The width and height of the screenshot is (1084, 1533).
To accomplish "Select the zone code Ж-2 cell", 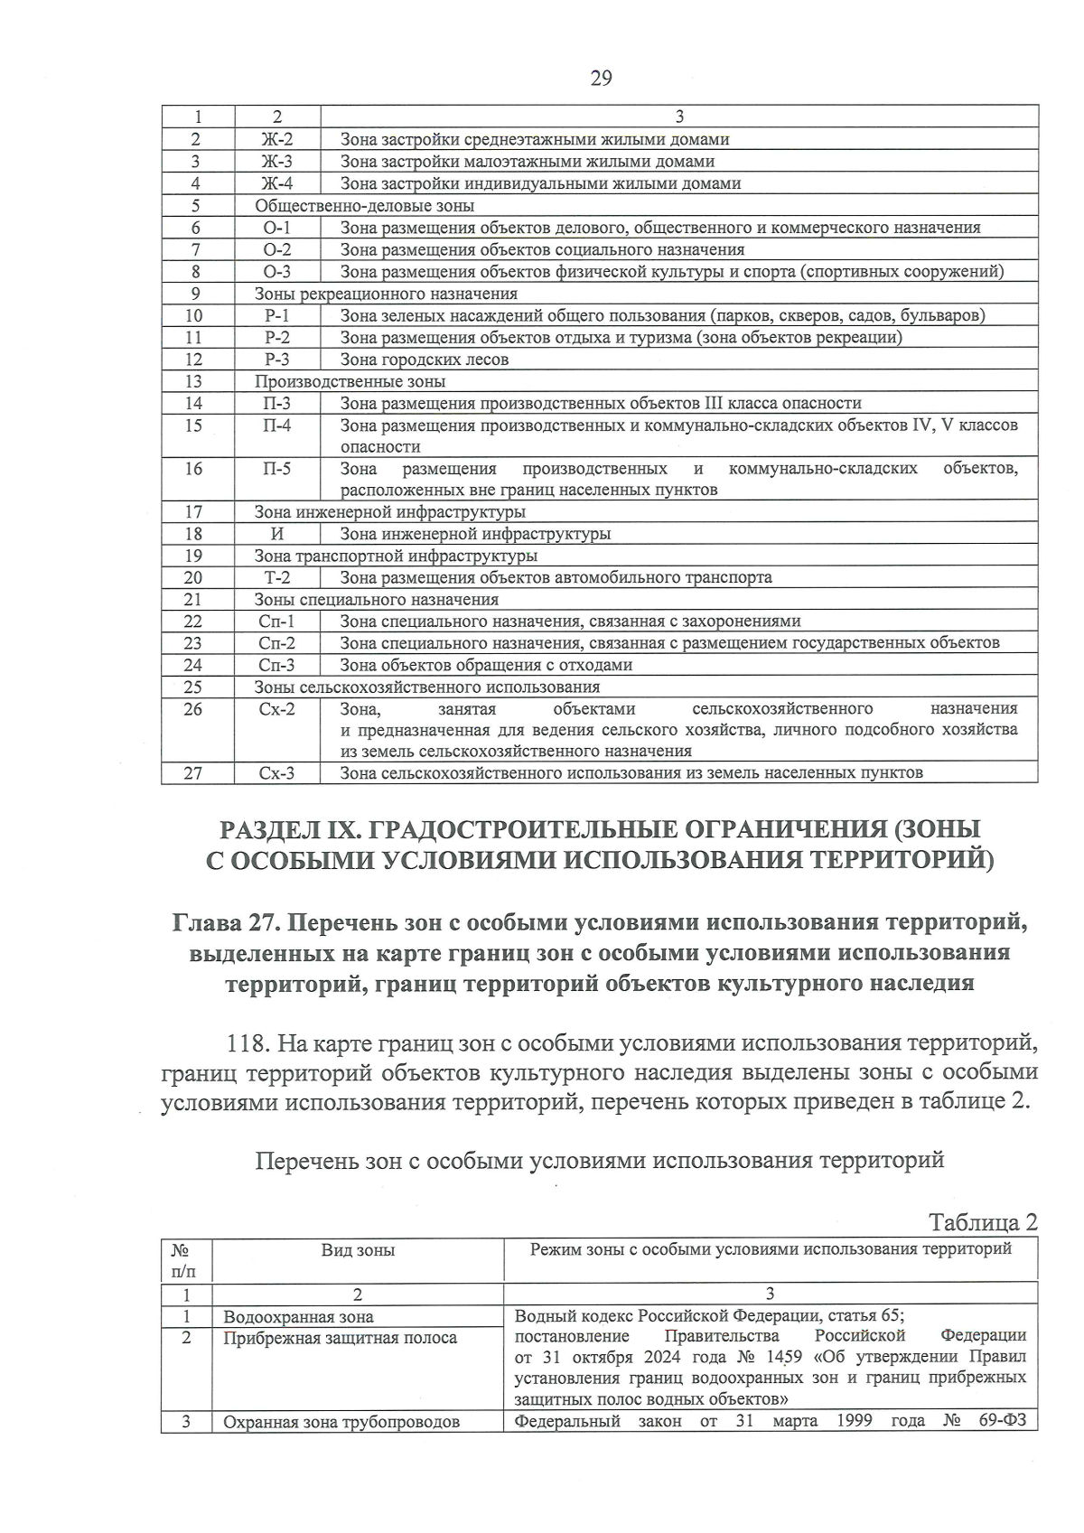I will [x=277, y=139].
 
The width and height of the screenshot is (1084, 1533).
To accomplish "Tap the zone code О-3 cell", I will [x=277, y=271].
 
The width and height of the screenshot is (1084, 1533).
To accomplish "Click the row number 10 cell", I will [x=194, y=315].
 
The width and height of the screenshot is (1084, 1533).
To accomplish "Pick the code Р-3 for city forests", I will [x=277, y=360].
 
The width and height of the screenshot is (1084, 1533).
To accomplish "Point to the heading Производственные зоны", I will [x=350, y=381].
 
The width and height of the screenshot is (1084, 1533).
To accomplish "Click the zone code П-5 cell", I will [x=277, y=469].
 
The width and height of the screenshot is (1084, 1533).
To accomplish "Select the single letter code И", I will [x=277, y=534].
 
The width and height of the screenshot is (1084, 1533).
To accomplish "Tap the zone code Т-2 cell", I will [x=277, y=577].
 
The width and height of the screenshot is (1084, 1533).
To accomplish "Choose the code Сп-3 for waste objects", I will [x=277, y=665].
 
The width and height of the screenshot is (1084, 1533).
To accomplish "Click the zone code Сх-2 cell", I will [x=277, y=709].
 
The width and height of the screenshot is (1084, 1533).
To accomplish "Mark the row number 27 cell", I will [x=194, y=773].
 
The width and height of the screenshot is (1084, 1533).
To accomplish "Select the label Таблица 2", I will [x=983, y=1222].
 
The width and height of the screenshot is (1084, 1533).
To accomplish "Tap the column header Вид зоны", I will [x=358, y=1250].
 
